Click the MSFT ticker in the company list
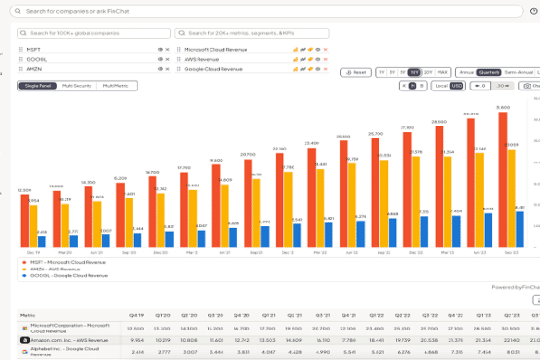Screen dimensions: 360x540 point(33,48)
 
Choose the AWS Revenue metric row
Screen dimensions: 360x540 point(202,58)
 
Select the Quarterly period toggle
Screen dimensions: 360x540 point(488,72)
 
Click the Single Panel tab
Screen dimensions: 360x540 point(37,86)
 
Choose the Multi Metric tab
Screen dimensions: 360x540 point(116,86)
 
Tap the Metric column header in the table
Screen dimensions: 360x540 point(28,314)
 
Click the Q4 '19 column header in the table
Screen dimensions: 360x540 point(137,314)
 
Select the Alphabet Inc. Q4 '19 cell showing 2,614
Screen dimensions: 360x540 point(138,352)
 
